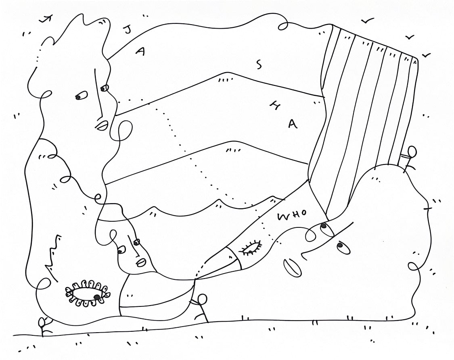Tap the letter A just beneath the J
point(140,52)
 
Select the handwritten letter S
point(259,64)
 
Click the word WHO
point(292,215)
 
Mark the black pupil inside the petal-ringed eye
point(96,297)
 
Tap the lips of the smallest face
point(141,262)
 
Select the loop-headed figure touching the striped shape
point(409,157)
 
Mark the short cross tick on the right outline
point(429,208)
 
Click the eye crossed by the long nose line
point(105,87)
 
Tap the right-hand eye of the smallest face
point(136,242)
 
